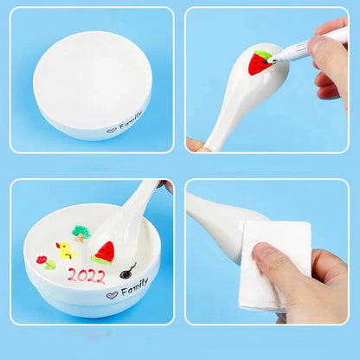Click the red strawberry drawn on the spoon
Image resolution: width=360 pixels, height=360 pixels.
tap(259, 63)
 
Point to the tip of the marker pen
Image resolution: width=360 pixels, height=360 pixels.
tap(271, 60)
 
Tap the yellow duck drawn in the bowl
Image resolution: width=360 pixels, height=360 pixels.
tap(64, 250)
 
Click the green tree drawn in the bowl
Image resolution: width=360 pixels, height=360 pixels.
tap(81, 232)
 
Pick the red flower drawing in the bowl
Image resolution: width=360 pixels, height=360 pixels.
tap(42, 259)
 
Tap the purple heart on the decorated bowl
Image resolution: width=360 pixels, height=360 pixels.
tap(111, 294)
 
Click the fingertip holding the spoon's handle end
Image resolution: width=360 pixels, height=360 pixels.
tap(196, 145)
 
